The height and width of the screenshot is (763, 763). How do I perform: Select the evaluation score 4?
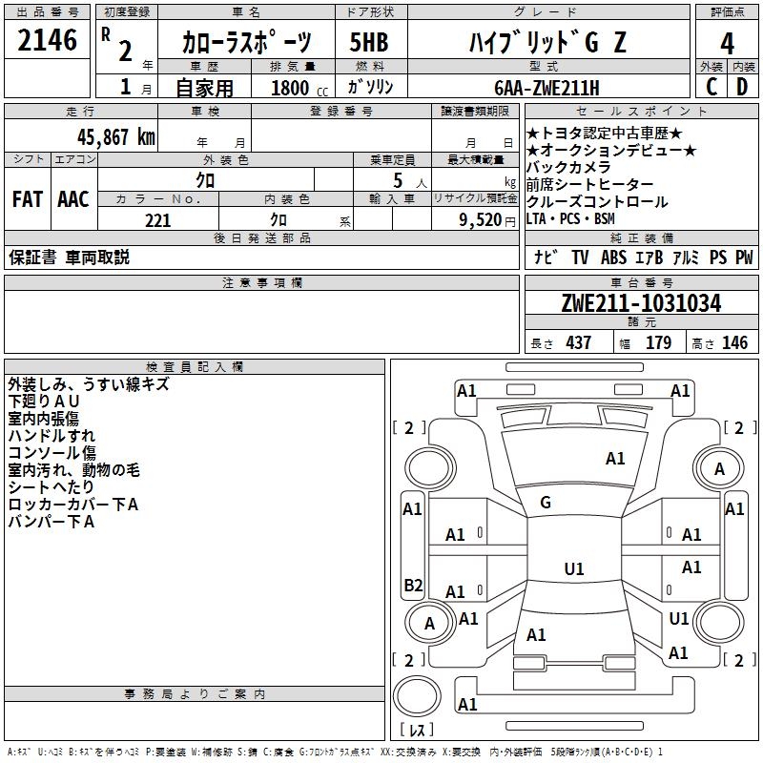click(x=727, y=43)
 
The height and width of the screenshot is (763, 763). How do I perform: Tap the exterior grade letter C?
click(x=711, y=86)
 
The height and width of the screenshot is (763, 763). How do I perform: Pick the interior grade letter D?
click(x=742, y=86)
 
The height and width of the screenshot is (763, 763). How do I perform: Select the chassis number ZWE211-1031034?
click(x=641, y=304)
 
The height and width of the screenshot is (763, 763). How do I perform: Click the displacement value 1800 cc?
click(x=293, y=88)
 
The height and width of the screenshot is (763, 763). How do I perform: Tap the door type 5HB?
click(x=369, y=43)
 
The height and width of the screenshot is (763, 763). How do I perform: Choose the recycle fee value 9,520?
click(x=479, y=220)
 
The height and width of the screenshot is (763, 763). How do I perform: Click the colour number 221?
click(x=157, y=220)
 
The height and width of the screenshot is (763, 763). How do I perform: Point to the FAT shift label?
click(x=27, y=199)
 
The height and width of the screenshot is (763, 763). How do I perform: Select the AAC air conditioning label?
click(x=72, y=199)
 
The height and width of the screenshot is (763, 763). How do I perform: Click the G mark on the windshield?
click(x=546, y=503)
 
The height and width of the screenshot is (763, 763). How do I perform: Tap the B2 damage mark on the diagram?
click(x=413, y=585)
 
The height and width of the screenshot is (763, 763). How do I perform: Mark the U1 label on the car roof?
click(x=574, y=569)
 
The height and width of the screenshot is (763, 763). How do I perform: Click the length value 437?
click(x=579, y=343)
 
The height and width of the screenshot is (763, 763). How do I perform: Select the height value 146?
click(x=734, y=343)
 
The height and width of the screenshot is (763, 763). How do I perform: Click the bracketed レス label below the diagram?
click(x=417, y=731)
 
